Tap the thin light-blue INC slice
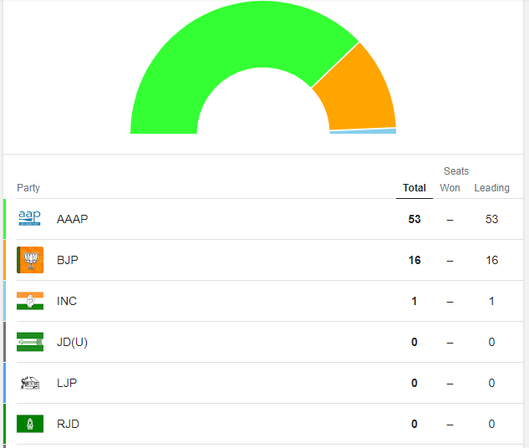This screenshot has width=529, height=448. pyautogui.click(x=363, y=131)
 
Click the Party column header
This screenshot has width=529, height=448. pyautogui.click(x=28, y=188)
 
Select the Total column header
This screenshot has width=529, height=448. pyautogui.click(x=415, y=188)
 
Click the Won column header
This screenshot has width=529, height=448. pyautogui.click(x=450, y=188)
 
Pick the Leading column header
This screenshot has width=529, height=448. pyautogui.click(x=491, y=188)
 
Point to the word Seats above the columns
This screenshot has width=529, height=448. pyautogui.click(x=456, y=171)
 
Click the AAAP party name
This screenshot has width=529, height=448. pyautogui.click(x=72, y=219)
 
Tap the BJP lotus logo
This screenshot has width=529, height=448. pyautogui.click(x=30, y=260)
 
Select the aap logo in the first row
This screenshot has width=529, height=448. pyautogui.click(x=29, y=218)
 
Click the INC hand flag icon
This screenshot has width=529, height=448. pyautogui.click(x=30, y=301)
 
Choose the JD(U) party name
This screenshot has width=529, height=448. pyautogui.click(x=73, y=342)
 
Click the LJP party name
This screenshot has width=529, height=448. pyautogui.click(x=68, y=383)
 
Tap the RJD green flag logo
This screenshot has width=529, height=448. pyautogui.click(x=30, y=424)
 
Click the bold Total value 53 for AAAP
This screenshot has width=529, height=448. pyautogui.click(x=415, y=219)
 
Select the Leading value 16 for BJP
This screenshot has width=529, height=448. pyautogui.click(x=491, y=260)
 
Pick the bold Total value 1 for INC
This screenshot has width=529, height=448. pyautogui.click(x=415, y=301)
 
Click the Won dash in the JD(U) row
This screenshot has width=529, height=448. pyautogui.click(x=450, y=342)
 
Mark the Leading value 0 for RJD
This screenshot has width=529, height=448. pyautogui.click(x=491, y=424)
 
